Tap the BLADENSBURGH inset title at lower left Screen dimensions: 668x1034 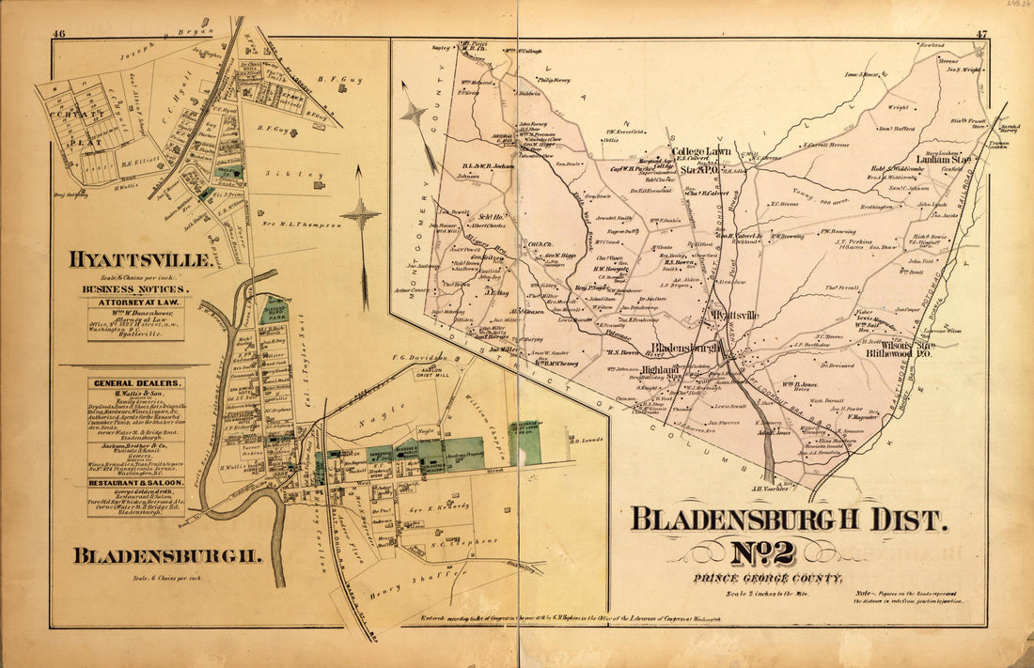[166, 556]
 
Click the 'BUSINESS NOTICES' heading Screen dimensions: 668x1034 [134, 289]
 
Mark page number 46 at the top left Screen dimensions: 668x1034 [58, 35]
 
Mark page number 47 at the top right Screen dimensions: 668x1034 [979, 35]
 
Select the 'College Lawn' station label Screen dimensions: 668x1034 [705, 150]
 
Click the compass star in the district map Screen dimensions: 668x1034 [413, 114]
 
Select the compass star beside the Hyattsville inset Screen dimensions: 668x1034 [361, 215]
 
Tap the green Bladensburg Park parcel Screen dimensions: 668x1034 [274, 311]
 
